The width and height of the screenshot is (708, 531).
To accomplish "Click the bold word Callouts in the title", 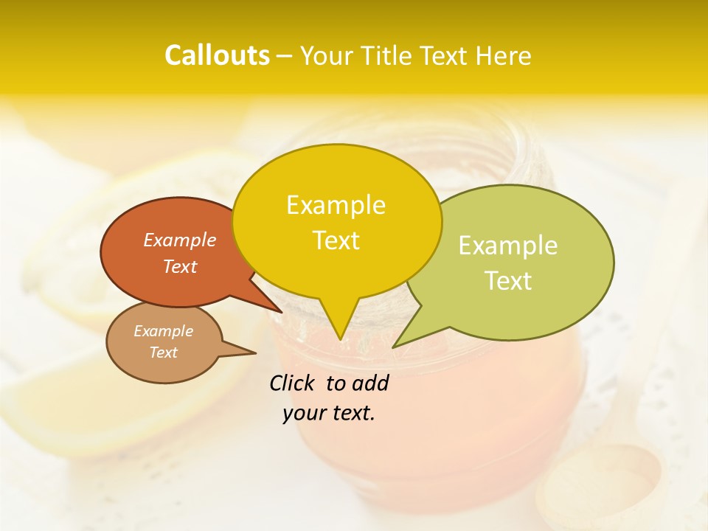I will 217,55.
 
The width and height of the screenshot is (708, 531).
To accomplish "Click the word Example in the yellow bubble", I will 336,205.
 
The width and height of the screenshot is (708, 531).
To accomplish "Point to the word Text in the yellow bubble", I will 336,240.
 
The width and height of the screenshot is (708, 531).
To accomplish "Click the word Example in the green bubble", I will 508,246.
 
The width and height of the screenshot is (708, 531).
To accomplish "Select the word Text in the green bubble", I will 508,281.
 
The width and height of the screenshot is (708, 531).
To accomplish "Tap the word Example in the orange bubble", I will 179,240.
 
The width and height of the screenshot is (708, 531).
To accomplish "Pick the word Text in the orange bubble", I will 179,266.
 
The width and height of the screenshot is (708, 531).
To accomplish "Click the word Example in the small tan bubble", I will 163,331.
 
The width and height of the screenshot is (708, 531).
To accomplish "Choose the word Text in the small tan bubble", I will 163,353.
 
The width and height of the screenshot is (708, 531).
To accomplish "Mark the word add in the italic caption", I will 370,383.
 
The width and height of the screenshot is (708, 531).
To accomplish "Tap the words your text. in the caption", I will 329,413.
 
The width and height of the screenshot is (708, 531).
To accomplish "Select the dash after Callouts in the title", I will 285,56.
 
